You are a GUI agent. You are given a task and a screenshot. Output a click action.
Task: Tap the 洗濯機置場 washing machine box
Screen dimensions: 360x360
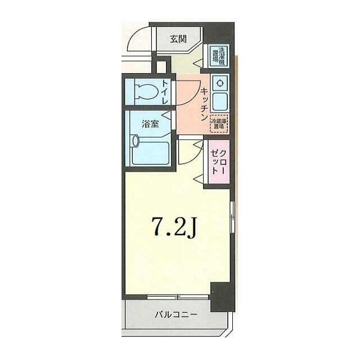(218, 57)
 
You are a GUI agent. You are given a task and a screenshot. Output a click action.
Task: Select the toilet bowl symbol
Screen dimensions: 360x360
(147, 91)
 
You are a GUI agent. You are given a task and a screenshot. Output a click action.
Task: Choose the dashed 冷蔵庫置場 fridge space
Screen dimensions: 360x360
(218, 124)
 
